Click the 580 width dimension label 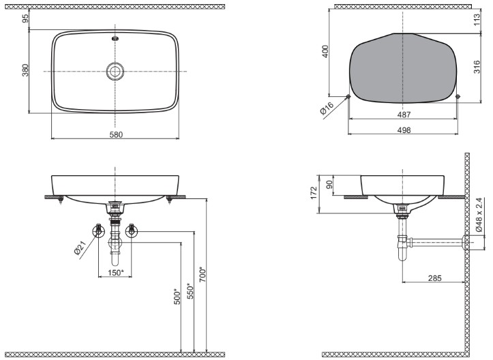pos(116,134)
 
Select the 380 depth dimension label pos(25,70)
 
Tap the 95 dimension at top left pos(25,18)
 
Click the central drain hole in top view pos(115,71)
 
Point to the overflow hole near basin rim pos(115,39)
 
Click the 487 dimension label pos(404,115)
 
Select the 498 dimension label pos(404,130)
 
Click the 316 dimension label pos(477,67)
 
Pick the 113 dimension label pos(477,20)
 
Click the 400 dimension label pos(325,51)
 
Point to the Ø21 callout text pos(80,247)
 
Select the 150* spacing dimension pos(116,273)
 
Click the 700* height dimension pos(202,274)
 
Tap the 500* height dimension pos(177,297)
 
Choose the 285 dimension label pos(434,278)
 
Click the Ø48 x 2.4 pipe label pos(479,214)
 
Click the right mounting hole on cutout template pos(458,97)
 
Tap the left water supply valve pos(99,230)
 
